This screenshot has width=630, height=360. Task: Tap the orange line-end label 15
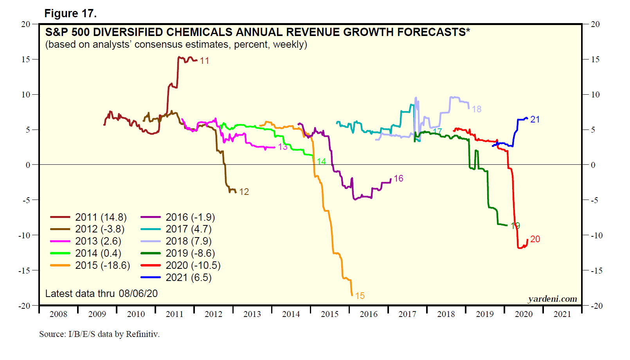(x=360, y=296)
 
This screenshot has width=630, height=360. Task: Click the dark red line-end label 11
(x=204, y=61)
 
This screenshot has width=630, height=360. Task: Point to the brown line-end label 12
(x=244, y=192)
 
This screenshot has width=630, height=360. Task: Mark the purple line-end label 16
(x=398, y=178)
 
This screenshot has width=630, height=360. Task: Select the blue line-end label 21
(x=535, y=119)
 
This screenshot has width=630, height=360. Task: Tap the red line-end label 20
(x=535, y=239)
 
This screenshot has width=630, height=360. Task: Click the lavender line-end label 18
(x=477, y=109)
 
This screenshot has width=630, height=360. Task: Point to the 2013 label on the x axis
(x=252, y=314)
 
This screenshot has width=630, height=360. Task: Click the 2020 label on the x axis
(x=524, y=314)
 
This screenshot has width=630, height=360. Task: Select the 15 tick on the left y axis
(x=26, y=59)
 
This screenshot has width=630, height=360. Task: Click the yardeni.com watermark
(x=552, y=299)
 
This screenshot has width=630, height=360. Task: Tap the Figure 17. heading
(x=70, y=14)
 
